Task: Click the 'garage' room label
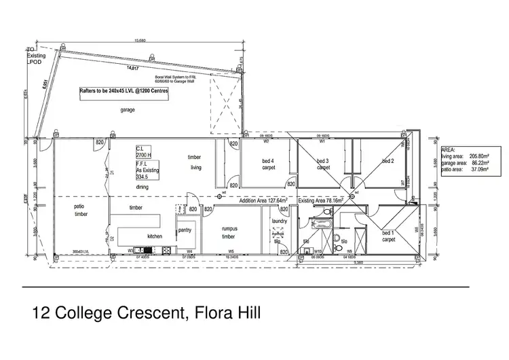pyautogui.click(x=128, y=109)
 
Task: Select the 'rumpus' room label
pyautogui.click(x=229, y=229)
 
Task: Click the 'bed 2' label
pyautogui.click(x=388, y=161)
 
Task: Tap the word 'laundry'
pyautogui.click(x=280, y=221)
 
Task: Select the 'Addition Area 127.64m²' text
pyautogui.click(x=263, y=201)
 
